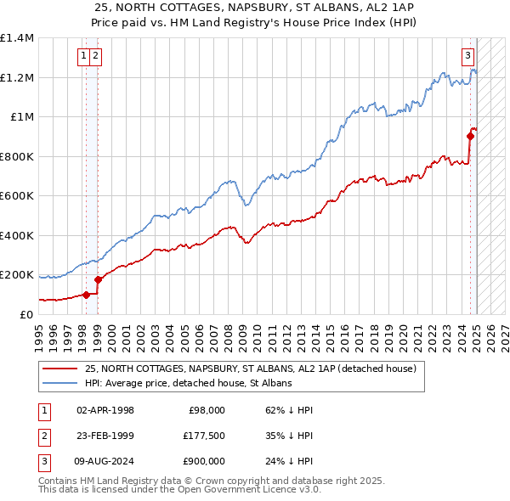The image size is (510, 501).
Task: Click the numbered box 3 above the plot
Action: [467, 57]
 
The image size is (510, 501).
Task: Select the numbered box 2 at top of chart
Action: [95, 57]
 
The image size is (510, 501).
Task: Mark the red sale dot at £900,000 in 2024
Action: [470, 135]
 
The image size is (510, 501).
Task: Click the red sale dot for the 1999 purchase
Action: [98, 279]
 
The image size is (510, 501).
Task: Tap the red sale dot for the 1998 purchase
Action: [86, 295]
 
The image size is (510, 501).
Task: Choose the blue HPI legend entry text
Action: [188, 384]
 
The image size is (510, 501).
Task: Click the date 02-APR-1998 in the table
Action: [105, 410]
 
